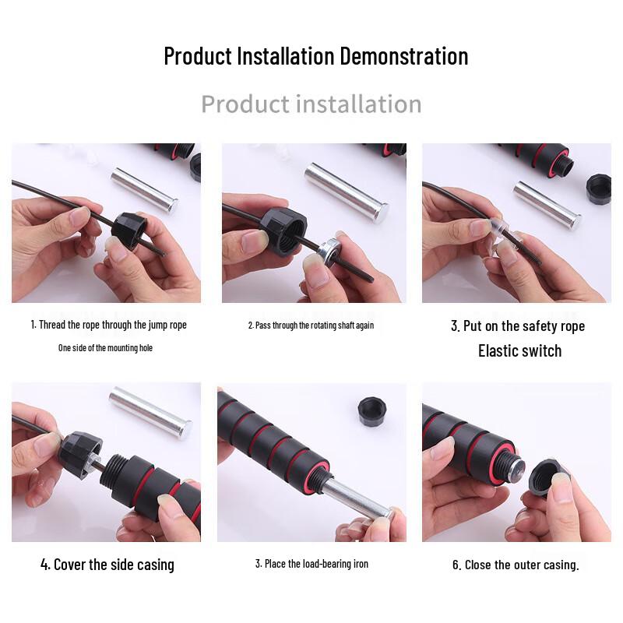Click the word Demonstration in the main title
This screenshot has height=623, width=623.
point(403,56)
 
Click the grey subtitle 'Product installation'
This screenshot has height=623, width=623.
point(311,104)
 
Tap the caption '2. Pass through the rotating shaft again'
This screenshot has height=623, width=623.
point(311,325)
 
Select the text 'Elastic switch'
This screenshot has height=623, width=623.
point(519,350)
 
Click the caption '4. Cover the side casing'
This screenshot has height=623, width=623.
point(107,565)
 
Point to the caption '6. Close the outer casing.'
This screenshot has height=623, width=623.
point(516,565)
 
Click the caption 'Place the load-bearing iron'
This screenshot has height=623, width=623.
point(311,563)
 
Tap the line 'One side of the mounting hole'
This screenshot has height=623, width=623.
point(105,348)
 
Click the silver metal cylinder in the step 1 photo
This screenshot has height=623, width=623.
point(144,189)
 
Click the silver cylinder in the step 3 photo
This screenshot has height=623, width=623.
point(547,204)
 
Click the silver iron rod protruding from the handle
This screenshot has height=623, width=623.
point(355,499)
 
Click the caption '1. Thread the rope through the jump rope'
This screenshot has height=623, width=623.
point(109,325)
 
